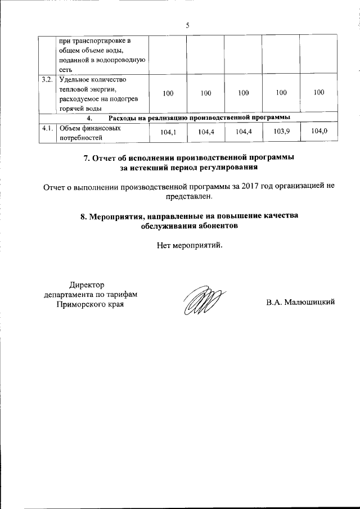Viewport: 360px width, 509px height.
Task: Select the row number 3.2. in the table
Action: [47, 79]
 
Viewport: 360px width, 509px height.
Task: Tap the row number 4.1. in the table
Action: [47, 128]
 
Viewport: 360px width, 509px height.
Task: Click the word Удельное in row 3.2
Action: [74, 79]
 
